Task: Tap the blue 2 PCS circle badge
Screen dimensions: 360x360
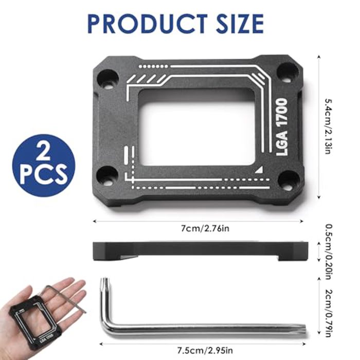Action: tap(44, 165)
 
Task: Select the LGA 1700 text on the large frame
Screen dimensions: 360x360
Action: tap(282, 127)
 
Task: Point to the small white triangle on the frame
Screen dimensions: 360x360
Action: tap(259, 169)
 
